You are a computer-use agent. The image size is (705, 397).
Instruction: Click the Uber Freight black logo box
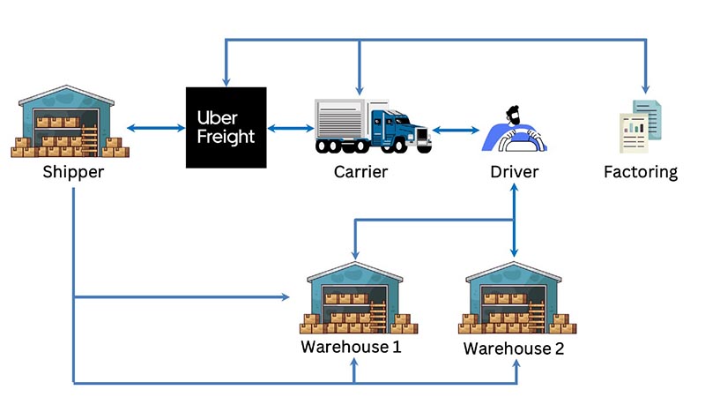pyautogui.click(x=226, y=127)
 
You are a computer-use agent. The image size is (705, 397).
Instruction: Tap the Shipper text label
pyautogui.click(x=73, y=171)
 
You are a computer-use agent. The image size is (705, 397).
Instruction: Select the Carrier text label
pyautogui.click(x=360, y=171)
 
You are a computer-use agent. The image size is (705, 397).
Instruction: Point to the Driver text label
pyautogui.click(x=514, y=171)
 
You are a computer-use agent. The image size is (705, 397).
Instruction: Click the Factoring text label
pyautogui.click(x=641, y=171)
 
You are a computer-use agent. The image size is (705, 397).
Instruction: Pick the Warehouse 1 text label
pyautogui.click(x=351, y=346)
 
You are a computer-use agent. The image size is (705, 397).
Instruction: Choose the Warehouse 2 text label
pyautogui.click(x=513, y=348)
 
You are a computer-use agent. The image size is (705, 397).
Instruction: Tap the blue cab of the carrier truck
pyautogui.click(x=401, y=130)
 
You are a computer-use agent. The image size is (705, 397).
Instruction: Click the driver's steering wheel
pyautogui.click(x=515, y=142)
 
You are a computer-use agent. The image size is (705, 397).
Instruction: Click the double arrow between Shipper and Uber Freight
pyautogui.click(x=156, y=130)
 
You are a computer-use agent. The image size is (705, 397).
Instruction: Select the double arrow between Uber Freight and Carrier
pyautogui.click(x=290, y=130)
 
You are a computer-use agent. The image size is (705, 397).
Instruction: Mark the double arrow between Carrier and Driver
pyautogui.click(x=456, y=131)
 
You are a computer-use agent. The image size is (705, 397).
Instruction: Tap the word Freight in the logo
pyautogui.click(x=226, y=137)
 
